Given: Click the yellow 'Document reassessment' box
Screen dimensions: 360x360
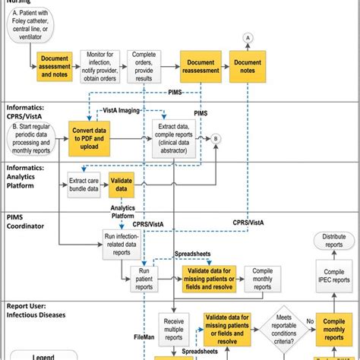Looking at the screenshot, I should [200, 66].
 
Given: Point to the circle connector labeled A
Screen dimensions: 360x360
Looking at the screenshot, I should [270, 37].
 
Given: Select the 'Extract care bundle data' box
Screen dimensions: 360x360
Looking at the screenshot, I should [83, 185].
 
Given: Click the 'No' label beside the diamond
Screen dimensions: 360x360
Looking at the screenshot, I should [308, 321].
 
